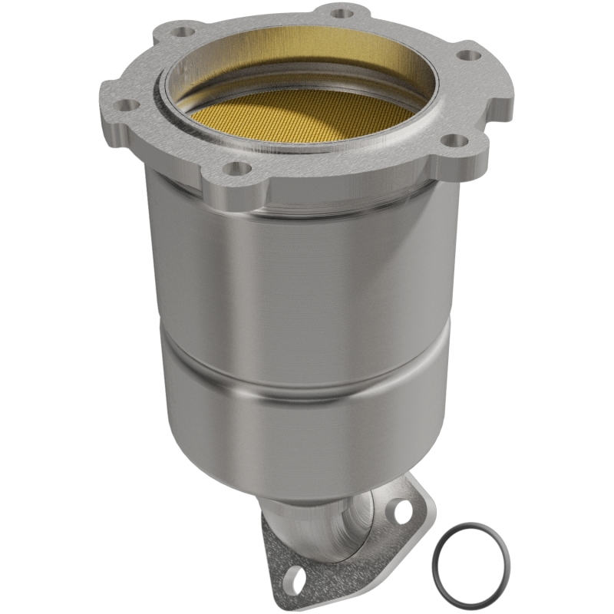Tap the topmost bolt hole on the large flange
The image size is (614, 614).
click(x=342, y=12)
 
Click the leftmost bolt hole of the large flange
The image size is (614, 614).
click(x=127, y=104)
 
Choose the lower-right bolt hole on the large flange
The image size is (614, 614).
click(x=454, y=140)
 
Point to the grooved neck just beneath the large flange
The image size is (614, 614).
click(x=307, y=201)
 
